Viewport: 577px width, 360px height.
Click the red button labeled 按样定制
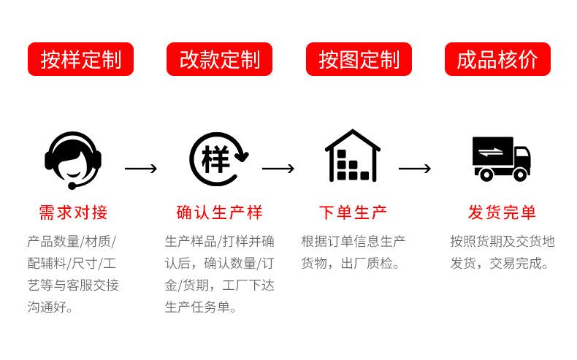pyautogui.click(x=80, y=59)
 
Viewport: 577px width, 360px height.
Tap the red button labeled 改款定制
pyautogui.click(x=219, y=59)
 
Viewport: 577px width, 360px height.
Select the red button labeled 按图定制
pyautogui.click(x=359, y=59)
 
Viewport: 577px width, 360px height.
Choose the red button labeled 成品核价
pyautogui.click(x=497, y=59)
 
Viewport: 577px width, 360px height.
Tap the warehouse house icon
pyautogui.click(x=353, y=156)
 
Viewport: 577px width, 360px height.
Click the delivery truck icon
pyautogui.click(x=500, y=158)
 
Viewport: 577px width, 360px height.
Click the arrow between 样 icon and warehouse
pyautogui.click(x=278, y=169)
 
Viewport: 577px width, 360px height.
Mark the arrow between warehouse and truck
pyautogui.click(x=415, y=169)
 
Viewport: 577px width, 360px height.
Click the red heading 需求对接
pyautogui.click(x=73, y=212)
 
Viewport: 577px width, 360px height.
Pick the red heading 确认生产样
pyautogui.click(x=219, y=212)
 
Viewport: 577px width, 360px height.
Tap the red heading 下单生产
pyautogui.click(x=353, y=212)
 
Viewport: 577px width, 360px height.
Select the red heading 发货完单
pyautogui.click(x=502, y=212)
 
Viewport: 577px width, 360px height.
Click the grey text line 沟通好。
pyautogui.click(x=50, y=307)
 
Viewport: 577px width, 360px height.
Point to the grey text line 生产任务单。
pyautogui.click(x=201, y=307)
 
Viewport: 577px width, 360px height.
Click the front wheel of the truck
pyautogui.click(x=520, y=174)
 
